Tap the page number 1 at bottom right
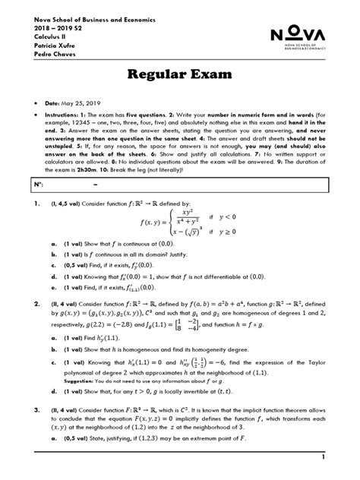(x=323, y=457)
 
